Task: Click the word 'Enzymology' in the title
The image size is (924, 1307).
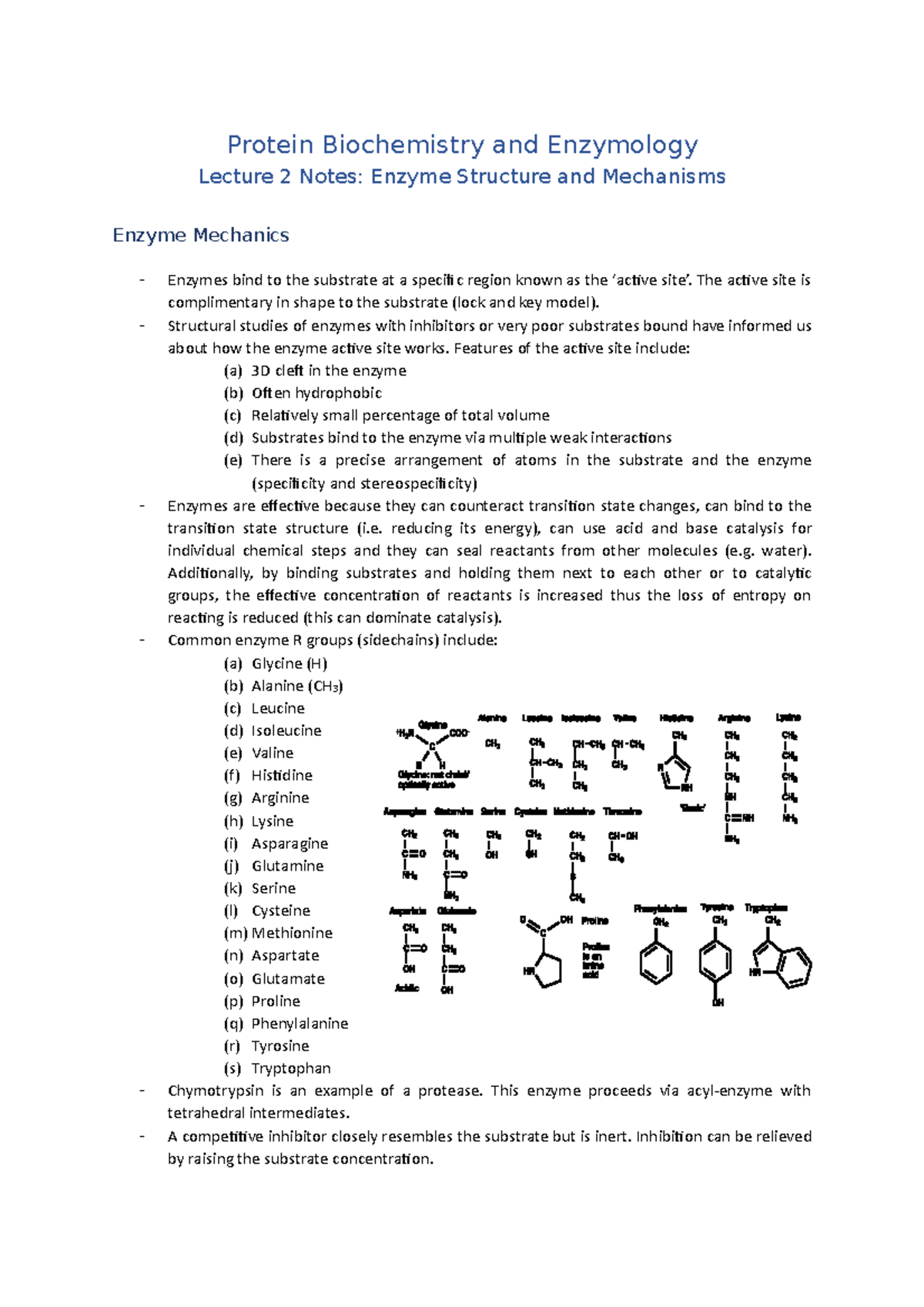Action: click(x=622, y=145)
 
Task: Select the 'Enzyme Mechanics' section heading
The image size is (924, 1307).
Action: click(x=201, y=235)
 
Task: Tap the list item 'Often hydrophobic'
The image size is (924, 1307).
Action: click(x=316, y=393)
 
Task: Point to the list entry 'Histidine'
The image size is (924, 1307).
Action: click(x=282, y=775)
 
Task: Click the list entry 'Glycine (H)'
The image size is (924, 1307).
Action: click(x=289, y=664)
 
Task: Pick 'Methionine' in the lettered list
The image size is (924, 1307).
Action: click(x=292, y=933)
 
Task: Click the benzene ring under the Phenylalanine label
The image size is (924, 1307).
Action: click(x=656, y=962)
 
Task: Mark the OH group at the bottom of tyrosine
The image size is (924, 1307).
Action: click(x=718, y=1002)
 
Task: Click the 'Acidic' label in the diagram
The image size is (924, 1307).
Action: click(x=407, y=988)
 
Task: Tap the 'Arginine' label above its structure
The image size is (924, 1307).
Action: click(x=733, y=718)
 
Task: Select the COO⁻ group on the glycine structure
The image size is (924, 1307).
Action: click(x=459, y=733)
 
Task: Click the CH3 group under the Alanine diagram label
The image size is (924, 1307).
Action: click(x=492, y=744)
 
